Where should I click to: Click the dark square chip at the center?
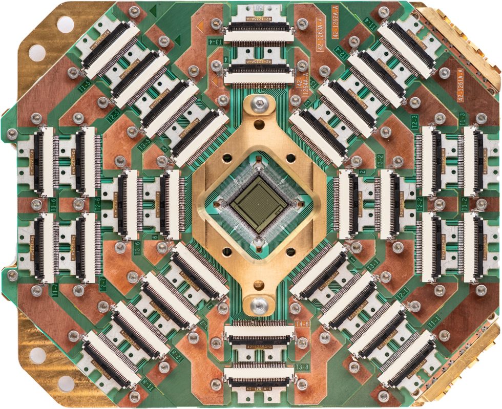(x=258, y=205)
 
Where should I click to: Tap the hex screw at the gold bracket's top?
(x=258, y=105)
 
